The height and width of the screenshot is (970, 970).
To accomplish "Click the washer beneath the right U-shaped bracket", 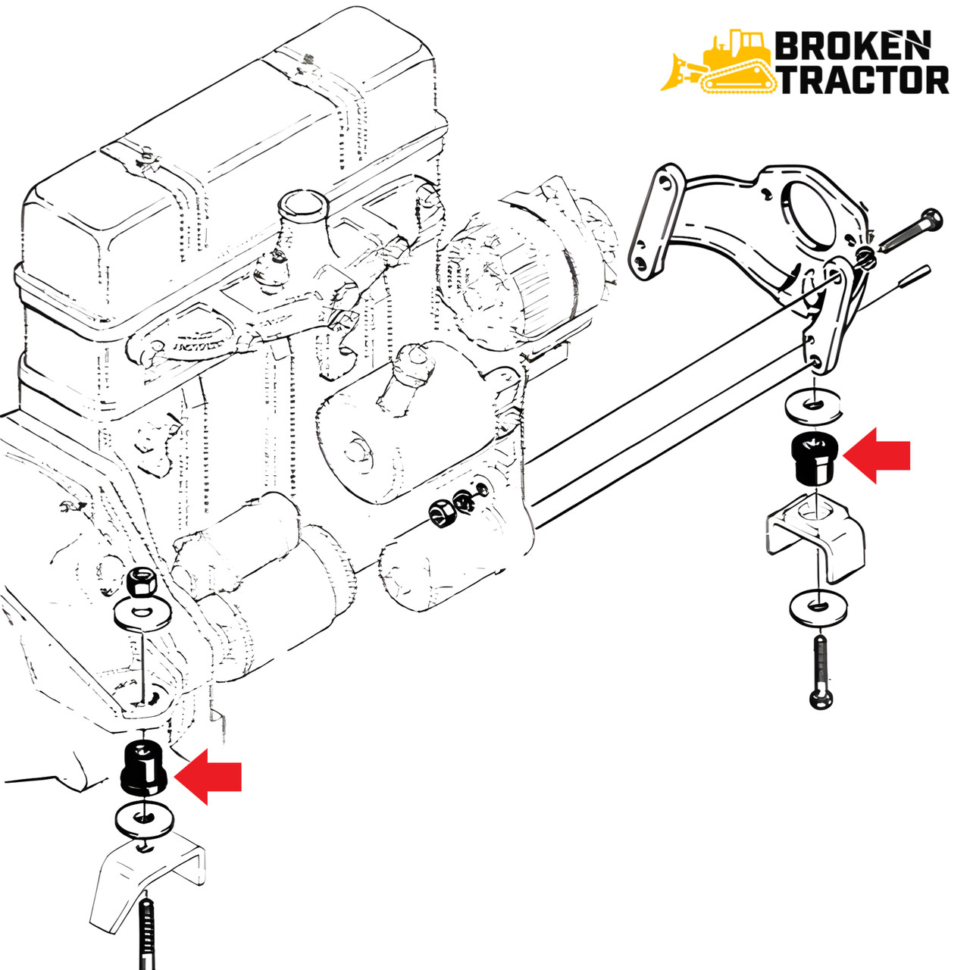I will point(818,606).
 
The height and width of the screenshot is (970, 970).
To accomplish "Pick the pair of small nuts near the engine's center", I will point(452,506).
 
